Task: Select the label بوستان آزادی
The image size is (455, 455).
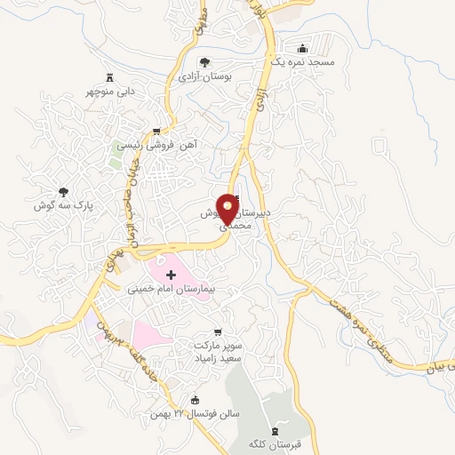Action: [204, 77]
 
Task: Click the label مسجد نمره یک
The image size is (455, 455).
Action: [305, 63]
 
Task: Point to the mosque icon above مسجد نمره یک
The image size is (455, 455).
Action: [305, 49]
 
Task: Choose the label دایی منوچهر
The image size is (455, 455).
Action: [110, 91]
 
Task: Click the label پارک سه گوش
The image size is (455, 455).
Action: [64, 204]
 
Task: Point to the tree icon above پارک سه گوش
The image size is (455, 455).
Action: [63, 191]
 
